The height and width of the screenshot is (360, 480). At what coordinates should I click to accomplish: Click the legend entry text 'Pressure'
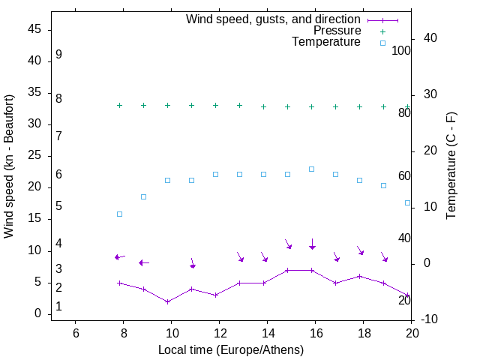pos(337,31)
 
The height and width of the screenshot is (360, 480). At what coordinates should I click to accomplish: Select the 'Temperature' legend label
pos(326,43)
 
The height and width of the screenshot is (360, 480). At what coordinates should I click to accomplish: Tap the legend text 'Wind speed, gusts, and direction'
pos(274,19)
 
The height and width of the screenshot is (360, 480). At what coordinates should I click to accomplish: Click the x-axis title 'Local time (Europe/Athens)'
pos(231,349)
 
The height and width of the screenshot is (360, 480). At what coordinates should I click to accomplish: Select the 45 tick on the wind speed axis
pos(35,29)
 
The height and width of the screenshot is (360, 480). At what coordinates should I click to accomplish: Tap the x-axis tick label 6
pos(76,333)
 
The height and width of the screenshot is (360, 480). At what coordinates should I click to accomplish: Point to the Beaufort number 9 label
pos(58,55)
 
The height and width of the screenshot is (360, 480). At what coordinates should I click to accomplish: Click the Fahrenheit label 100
pos(401,51)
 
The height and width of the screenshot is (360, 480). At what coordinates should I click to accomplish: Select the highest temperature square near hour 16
pos(312,169)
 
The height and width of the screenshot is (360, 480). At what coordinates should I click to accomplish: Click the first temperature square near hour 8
pos(119,214)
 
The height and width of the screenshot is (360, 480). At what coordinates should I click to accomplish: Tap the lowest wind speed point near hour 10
pos(168,301)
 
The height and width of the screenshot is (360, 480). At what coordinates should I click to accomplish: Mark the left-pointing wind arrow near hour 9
pos(144,262)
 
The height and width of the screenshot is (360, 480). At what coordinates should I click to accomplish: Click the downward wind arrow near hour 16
pos(312,244)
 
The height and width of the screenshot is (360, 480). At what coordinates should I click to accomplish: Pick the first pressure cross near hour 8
pos(119,105)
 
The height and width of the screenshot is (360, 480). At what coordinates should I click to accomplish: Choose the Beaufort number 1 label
pos(58,307)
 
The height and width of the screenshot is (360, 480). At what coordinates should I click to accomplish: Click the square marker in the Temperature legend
pos(382,43)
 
